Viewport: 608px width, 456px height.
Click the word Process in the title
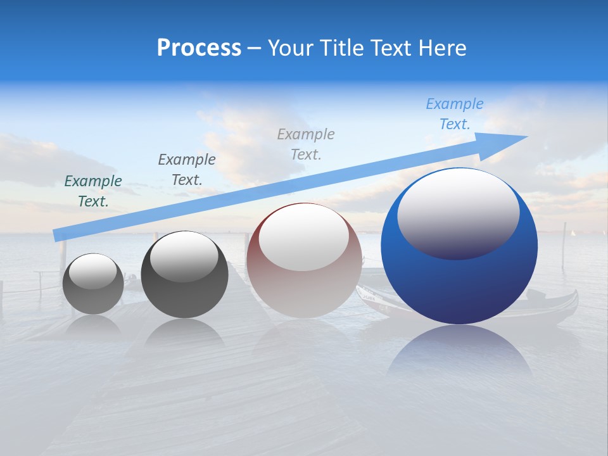click(199, 48)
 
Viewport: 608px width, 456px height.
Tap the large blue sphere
click(459, 279)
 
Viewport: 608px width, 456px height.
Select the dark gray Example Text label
click(187, 170)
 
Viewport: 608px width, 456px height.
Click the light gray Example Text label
click(306, 144)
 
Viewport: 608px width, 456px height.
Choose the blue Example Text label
click(455, 114)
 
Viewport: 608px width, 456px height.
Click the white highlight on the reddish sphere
click(303, 237)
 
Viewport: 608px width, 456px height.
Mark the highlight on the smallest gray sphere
click(92, 272)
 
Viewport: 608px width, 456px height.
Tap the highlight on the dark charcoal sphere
click(184, 256)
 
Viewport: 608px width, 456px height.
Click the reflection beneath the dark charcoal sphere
click(184, 336)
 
